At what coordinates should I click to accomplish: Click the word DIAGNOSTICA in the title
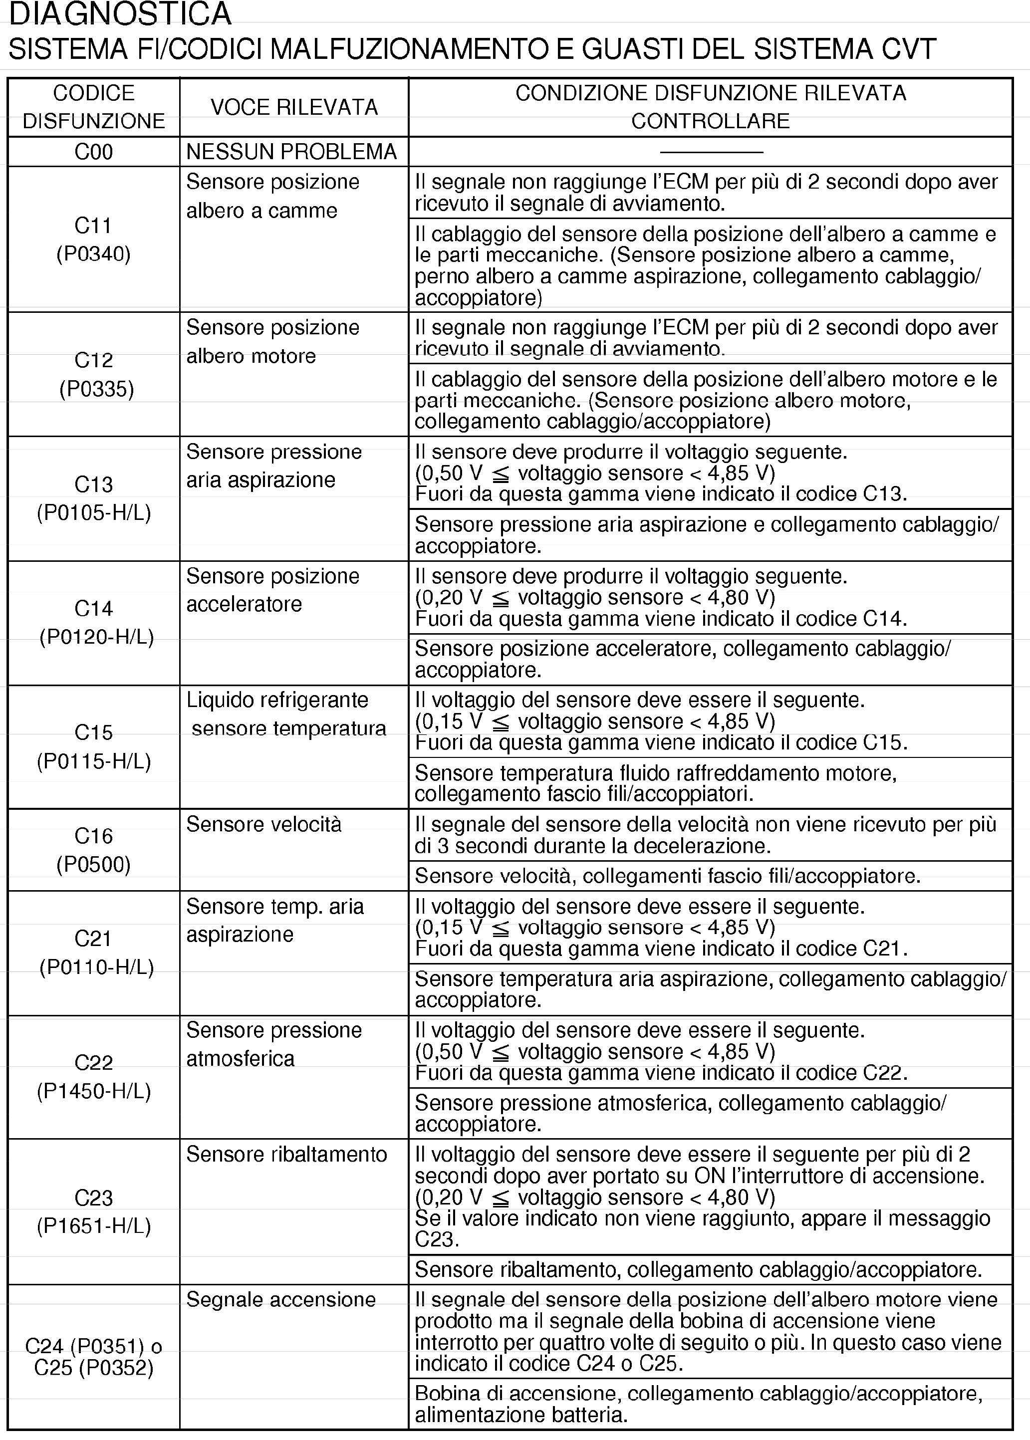pos(120,14)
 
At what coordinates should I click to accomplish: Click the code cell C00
pos(94,152)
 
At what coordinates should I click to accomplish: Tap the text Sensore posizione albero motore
pos(273,341)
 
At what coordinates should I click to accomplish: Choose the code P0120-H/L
pos(96,637)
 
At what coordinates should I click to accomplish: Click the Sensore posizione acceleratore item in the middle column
pos(273,590)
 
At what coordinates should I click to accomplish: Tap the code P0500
pos(94,864)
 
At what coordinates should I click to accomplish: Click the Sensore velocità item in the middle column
pos(264,824)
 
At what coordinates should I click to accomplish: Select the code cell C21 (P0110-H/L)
pos(96,953)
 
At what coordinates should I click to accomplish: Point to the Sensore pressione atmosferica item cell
pos(274,1044)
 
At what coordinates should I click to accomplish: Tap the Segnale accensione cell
pos(281,1299)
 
